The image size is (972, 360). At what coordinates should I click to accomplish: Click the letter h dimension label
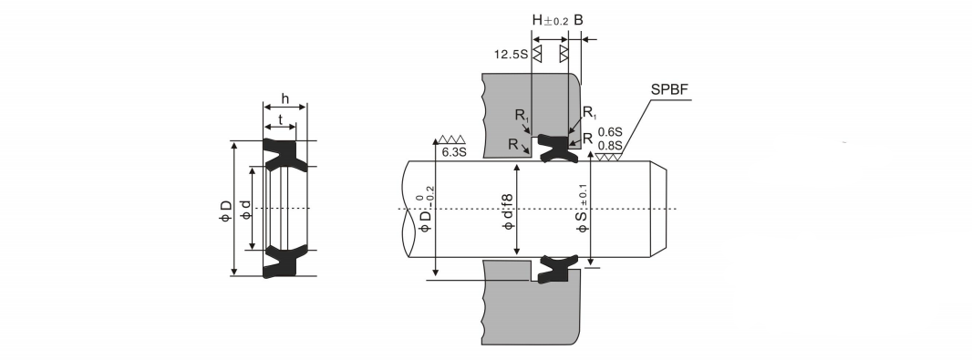(x=285, y=98)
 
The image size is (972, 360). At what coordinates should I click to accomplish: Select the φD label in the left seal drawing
(x=225, y=211)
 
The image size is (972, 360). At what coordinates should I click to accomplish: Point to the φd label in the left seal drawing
(x=245, y=210)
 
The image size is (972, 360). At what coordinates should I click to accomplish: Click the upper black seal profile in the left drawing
(x=284, y=154)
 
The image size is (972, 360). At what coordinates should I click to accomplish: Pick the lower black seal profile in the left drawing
(x=284, y=261)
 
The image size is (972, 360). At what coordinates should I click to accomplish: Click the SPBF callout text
(x=669, y=90)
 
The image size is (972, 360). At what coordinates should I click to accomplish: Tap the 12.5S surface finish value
(x=511, y=55)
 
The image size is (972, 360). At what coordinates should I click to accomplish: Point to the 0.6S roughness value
(x=609, y=132)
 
